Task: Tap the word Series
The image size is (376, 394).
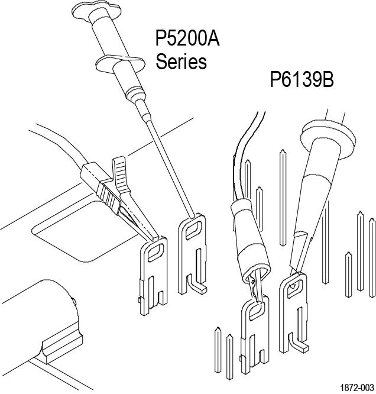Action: point(181,61)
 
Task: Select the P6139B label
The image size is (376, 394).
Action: point(302,79)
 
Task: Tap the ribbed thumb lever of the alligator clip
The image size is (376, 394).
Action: point(121,171)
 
